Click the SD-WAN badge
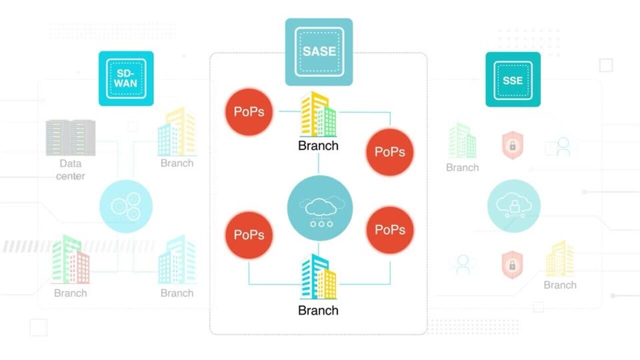[x=126, y=78]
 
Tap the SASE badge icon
[x=319, y=52]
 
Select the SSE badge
[x=513, y=79]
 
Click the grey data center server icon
[x=70, y=137]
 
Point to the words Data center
[x=70, y=169]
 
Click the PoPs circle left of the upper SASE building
[x=249, y=111]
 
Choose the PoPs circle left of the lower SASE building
[x=249, y=235]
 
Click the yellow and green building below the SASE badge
[x=318, y=114]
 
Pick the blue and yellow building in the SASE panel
[x=318, y=277]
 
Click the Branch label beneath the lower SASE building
[x=318, y=310]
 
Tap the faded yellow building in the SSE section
[x=559, y=258]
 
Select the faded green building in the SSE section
[x=462, y=141]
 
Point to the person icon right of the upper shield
[x=563, y=147]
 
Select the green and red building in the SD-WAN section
[x=70, y=260]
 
